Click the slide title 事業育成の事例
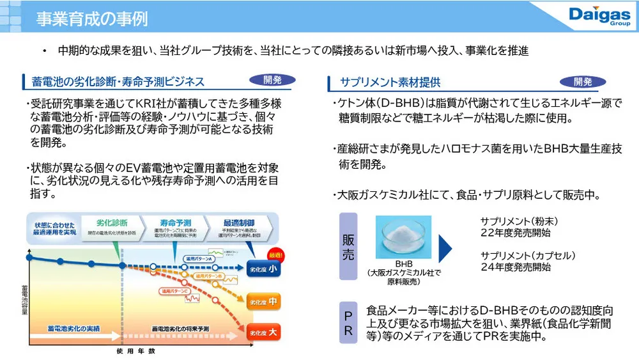point(92,19)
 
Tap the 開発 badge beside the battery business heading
point(272,80)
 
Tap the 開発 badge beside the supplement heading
point(583,81)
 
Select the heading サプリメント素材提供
point(390,82)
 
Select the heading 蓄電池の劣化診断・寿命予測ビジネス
point(118,82)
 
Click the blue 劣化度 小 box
point(263,269)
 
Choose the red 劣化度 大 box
point(263,333)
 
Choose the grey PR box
point(348,324)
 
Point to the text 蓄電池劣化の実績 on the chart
point(73,328)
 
